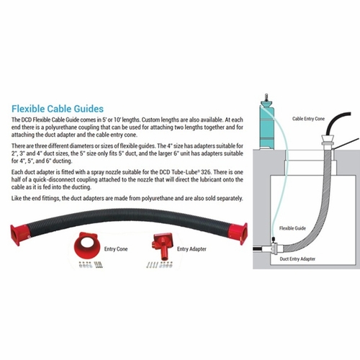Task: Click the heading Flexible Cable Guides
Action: [58, 109]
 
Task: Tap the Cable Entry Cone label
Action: [308, 119]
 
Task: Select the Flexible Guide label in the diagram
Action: [292, 228]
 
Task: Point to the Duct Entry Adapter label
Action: [297, 259]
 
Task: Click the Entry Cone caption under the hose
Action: [116, 249]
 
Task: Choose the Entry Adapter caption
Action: [192, 249]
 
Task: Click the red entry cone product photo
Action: [86, 246]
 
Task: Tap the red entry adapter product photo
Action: [162, 247]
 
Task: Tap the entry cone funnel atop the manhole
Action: [328, 140]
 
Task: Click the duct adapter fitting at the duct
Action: [274, 248]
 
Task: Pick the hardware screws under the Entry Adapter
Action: [159, 265]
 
